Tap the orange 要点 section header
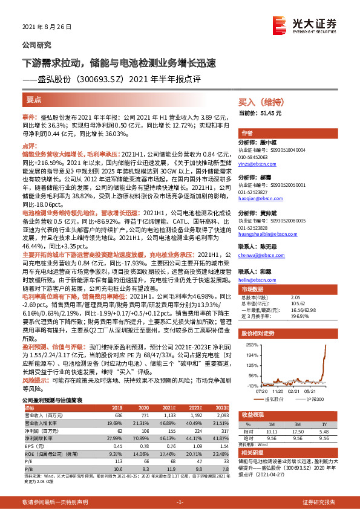pos(34,99)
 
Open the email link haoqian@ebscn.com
pos(258,198)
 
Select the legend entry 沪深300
pos(315,399)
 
